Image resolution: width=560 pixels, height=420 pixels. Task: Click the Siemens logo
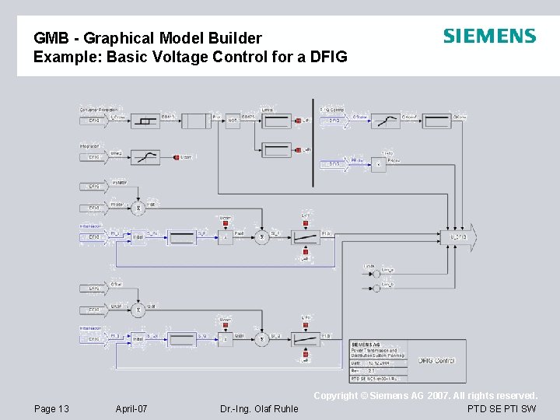tap(489, 36)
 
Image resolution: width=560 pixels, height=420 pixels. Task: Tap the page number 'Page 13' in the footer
tap(52, 408)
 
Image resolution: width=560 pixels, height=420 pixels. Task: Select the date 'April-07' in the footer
tap(131, 408)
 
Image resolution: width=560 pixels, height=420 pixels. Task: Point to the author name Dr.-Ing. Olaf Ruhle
tap(259, 408)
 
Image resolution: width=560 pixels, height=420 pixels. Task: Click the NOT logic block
tap(233, 121)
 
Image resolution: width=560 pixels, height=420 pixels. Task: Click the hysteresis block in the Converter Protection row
tap(145, 121)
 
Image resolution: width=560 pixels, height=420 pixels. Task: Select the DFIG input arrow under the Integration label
tap(93, 158)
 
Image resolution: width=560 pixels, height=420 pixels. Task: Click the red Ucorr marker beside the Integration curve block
tap(176, 157)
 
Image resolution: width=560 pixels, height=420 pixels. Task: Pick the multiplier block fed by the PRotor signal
tap(377, 164)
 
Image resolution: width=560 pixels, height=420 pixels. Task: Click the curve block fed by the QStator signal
tap(385, 121)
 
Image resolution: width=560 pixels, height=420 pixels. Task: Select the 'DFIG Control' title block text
tap(436, 360)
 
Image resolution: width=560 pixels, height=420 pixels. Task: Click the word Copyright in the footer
tap(337, 396)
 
